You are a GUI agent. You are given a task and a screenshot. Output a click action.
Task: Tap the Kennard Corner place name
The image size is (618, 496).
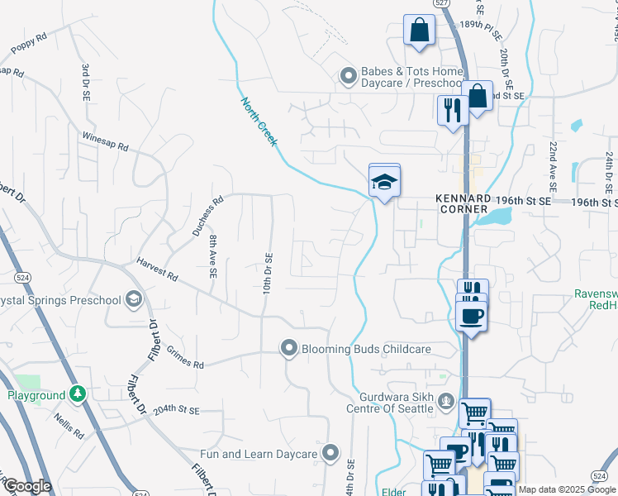coord(463,204)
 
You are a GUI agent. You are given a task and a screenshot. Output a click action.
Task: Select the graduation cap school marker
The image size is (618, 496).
coord(384,180)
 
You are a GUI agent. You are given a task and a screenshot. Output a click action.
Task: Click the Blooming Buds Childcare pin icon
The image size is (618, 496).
coord(288,349)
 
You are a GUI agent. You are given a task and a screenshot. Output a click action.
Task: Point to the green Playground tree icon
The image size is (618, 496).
coord(77,394)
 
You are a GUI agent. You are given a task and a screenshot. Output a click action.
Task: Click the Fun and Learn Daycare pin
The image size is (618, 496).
coord(330,452)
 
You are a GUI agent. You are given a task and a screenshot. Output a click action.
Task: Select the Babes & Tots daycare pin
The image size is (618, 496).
coord(348,78)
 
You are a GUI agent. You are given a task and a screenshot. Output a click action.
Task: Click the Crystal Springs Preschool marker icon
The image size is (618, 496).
coord(132,299)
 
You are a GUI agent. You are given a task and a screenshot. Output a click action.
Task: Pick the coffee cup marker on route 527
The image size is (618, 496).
coord(471,316)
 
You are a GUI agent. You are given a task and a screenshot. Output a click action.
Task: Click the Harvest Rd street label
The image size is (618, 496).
coord(158,270)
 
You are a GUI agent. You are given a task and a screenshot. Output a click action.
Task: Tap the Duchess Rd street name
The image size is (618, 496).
coord(208,217)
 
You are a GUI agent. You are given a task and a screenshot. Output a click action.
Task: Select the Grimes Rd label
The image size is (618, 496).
coord(183,360)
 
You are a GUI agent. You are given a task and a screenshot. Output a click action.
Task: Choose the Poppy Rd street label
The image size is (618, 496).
coord(29,45)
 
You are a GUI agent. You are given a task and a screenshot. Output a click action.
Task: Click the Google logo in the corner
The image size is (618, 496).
coord(27,486)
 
